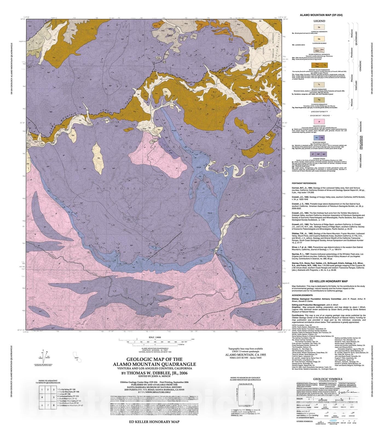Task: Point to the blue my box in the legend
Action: point(317,138)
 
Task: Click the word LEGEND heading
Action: point(319,21)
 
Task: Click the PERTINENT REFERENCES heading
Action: point(304,183)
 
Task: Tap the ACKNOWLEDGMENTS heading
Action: point(302,295)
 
